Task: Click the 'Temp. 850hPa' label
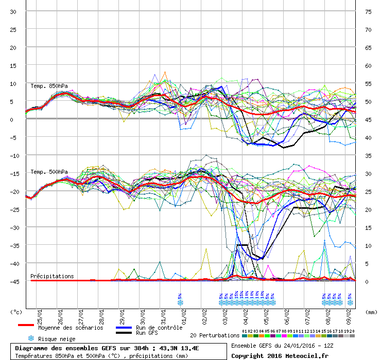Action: coord(49,86)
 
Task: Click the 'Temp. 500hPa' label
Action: coord(49,172)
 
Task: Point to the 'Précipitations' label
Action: coord(52,276)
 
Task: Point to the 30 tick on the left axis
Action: coord(14,12)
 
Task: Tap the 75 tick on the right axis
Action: coord(369,12)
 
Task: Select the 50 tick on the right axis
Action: coord(369,102)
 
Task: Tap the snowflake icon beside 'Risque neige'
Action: coord(31,338)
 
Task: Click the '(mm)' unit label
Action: coord(371,312)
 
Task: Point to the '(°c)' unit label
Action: coord(16,312)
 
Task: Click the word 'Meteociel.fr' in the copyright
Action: coord(311,355)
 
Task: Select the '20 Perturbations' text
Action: coord(214,335)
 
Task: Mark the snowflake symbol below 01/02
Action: coord(180,302)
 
